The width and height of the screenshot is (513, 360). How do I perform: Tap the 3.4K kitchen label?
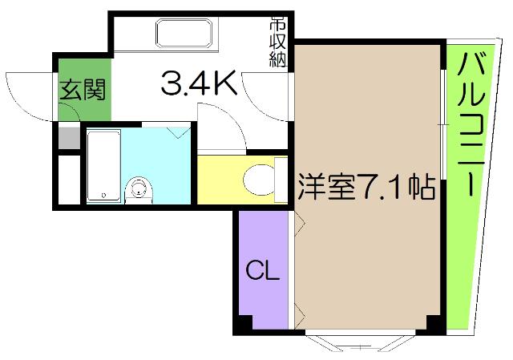(199, 83)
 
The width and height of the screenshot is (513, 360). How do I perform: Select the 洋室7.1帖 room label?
(367, 187)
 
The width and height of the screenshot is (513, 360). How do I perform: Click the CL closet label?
(262, 271)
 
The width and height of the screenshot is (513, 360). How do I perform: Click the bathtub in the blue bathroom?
(102, 164)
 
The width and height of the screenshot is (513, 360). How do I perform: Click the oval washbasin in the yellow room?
(258, 177)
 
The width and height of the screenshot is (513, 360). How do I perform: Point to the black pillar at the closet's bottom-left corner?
(243, 325)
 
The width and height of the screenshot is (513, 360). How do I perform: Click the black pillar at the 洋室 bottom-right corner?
(434, 326)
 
